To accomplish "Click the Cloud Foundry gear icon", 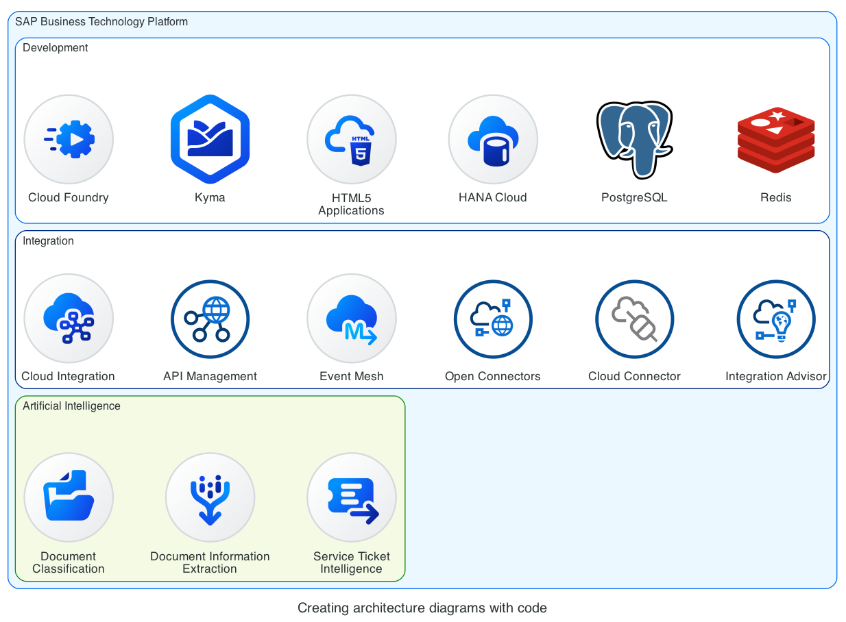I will (69, 139).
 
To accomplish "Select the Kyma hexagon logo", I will (210, 139).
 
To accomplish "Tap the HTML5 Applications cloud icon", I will (351, 139).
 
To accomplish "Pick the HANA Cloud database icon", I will (493, 139).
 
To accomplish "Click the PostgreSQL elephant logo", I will (634, 139).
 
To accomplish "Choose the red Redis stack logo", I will (775, 140).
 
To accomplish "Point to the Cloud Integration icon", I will (69, 319).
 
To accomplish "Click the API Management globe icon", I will (210, 319).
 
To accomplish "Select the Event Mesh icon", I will (351, 319).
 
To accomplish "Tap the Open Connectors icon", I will (493, 319).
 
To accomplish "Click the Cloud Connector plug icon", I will (634, 319).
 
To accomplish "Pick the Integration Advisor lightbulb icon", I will (775, 319).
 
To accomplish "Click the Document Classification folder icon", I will (69, 497).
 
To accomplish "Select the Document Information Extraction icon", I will (210, 497).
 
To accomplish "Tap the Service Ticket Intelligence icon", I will (351, 497).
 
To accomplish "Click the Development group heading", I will (56, 48).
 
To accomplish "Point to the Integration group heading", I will (48, 241).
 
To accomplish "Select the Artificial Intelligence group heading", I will (71, 406).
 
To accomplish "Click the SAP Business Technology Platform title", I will (101, 22).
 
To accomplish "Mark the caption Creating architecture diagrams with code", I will (422, 608).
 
